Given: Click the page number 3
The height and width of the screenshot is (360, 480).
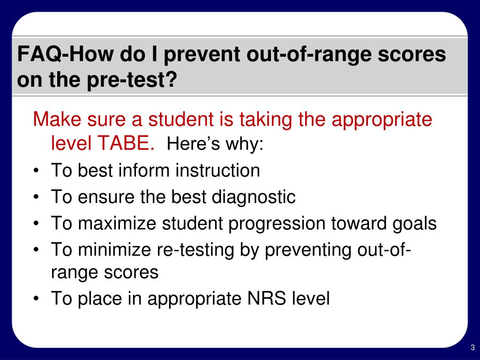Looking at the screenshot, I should click(x=472, y=347).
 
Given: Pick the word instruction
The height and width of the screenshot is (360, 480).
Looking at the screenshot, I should click(x=217, y=170).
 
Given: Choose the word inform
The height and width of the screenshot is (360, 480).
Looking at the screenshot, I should click(x=149, y=170).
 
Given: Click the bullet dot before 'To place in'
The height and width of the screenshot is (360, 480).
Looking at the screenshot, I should click(x=37, y=299).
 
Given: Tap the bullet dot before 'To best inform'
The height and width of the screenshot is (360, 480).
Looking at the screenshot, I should click(x=37, y=171).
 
